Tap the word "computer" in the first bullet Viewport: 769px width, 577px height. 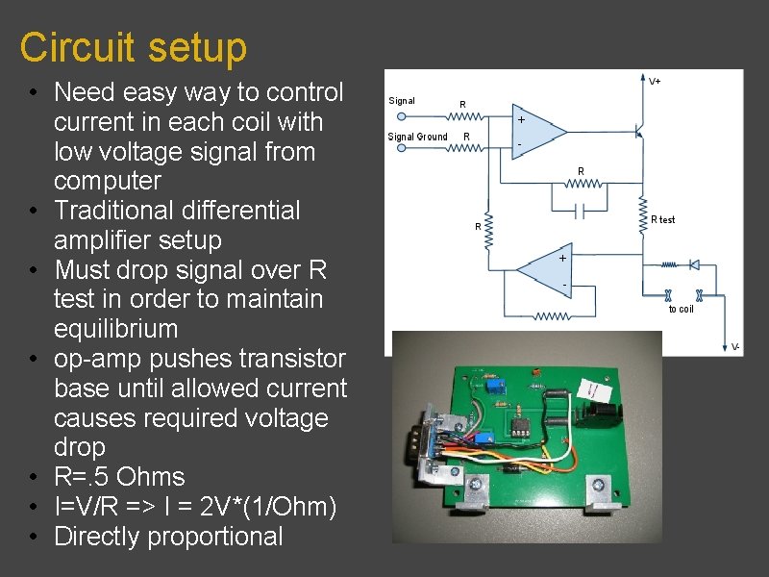click(108, 181)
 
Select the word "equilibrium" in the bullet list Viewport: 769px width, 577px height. click(115, 329)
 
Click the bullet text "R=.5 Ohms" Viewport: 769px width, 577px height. click(119, 477)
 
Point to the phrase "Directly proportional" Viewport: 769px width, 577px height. click(168, 537)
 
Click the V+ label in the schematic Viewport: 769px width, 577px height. click(655, 82)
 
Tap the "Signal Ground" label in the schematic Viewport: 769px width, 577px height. click(417, 137)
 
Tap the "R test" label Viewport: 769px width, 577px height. click(663, 219)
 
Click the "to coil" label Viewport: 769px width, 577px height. click(681, 309)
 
